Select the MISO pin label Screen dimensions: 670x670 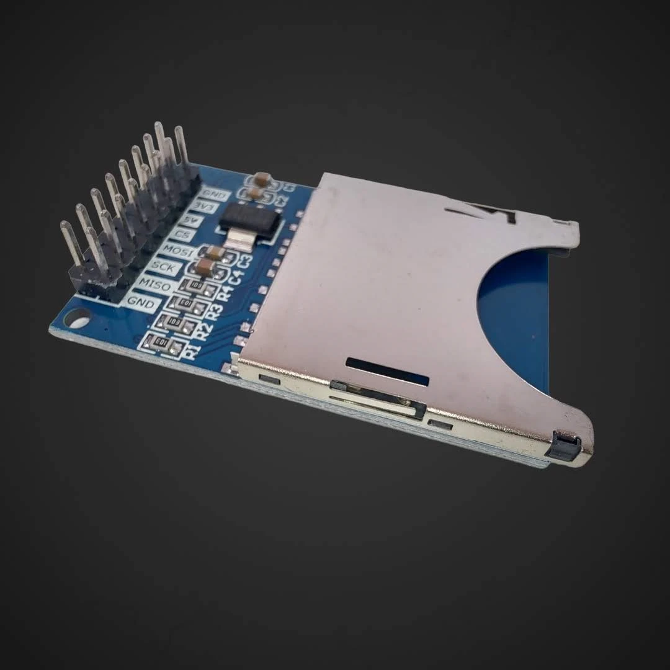pyautogui.click(x=152, y=284)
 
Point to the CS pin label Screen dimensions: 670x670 pyautogui.click(x=182, y=234)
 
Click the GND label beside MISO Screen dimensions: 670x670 pyautogui.click(x=139, y=302)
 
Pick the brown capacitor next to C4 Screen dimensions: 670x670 pyautogui.click(x=205, y=268)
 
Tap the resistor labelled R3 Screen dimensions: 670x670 pyautogui.click(x=184, y=302)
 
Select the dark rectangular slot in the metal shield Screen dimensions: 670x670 pyautogui.click(x=387, y=371)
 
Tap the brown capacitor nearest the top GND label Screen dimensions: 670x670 pyautogui.click(x=262, y=179)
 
